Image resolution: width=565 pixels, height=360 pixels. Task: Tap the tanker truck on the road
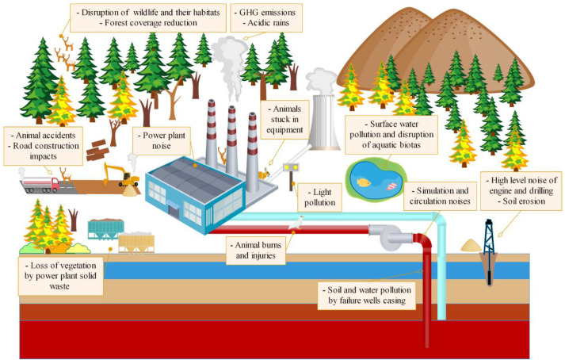(40, 184)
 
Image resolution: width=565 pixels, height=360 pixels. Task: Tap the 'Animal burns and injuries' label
(254, 244)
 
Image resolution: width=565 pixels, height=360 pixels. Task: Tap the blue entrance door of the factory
(191, 209)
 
